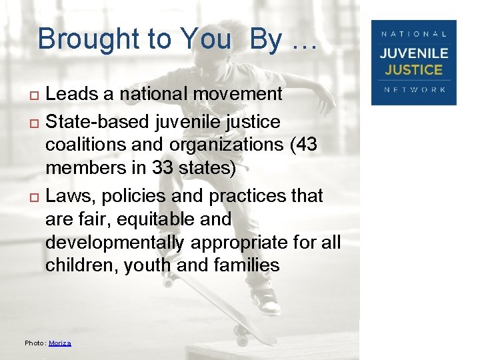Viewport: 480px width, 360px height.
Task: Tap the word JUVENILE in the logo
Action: [x=415, y=54]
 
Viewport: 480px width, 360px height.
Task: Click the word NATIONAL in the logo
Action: [x=415, y=33]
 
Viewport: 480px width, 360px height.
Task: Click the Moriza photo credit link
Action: [x=60, y=343]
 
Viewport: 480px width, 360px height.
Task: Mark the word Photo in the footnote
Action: [x=34, y=343]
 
